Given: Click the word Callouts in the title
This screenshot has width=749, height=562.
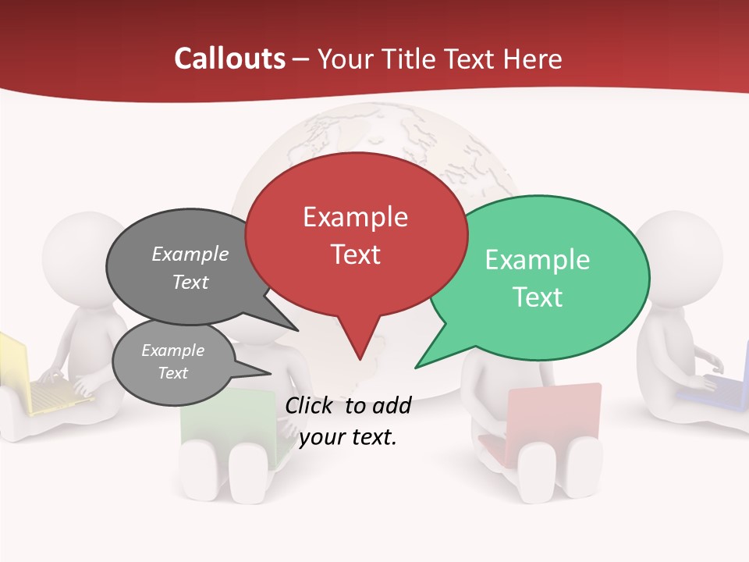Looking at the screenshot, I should [229, 59].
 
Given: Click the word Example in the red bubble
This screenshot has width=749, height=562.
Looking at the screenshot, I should [355, 217].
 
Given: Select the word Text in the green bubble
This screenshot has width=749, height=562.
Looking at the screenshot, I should [538, 297].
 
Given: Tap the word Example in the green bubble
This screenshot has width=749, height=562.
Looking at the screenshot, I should [538, 260].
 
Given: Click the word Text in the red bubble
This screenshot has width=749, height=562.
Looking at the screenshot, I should [355, 254].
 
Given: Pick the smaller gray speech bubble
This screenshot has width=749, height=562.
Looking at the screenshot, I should [173, 363].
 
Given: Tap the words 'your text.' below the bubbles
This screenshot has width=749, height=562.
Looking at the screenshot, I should [348, 438].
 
